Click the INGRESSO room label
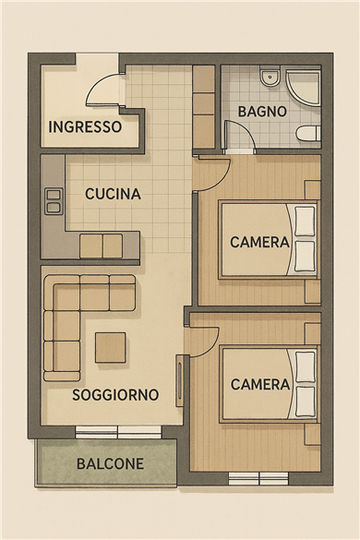(x=85, y=126)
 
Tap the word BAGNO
(x=262, y=112)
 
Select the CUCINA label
(x=113, y=194)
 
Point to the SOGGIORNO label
(x=115, y=395)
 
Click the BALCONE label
(x=110, y=464)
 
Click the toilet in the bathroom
(x=308, y=134)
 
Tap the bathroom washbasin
(x=270, y=78)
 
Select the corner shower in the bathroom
(x=303, y=87)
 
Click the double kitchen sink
(x=54, y=201)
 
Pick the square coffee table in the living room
(x=110, y=347)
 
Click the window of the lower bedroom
(x=258, y=478)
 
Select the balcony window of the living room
(x=118, y=432)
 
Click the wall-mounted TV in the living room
(x=179, y=381)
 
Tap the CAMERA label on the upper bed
(x=259, y=242)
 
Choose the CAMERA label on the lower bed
(x=260, y=384)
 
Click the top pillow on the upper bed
(x=306, y=222)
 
